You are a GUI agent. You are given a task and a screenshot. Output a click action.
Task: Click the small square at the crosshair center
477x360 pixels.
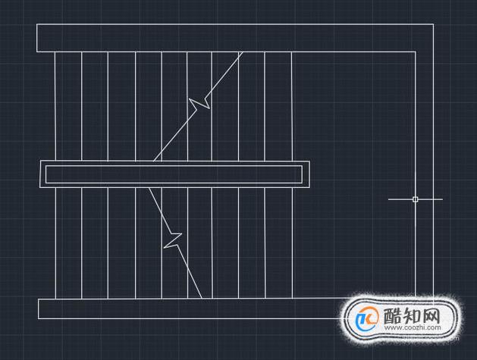(x=416, y=199)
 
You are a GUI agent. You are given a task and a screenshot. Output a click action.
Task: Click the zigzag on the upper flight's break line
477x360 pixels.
(x=199, y=104)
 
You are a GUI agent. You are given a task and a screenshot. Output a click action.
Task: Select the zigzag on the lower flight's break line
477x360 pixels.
(x=173, y=240)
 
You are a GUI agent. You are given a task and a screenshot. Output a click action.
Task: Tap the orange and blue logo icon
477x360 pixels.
(x=366, y=318)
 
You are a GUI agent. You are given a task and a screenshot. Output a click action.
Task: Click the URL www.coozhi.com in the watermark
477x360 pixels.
(x=413, y=327)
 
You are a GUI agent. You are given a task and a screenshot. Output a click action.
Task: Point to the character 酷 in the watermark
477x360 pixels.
(x=393, y=315)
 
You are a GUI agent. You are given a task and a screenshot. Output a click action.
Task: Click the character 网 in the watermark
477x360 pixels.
(x=431, y=315)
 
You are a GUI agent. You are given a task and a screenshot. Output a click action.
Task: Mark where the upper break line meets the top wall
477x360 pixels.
(x=243, y=52)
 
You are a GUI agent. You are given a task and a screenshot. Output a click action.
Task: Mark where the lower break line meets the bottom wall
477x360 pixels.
(x=202, y=299)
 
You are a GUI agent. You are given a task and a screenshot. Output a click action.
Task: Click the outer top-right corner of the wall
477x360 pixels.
(x=433, y=24)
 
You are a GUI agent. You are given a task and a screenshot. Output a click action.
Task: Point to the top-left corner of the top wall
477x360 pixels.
(x=37, y=24)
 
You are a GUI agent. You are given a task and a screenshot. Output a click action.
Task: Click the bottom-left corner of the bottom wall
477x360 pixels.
(x=39, y=318)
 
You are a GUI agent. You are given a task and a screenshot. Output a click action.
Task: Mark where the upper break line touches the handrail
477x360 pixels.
(x=154, y=161)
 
